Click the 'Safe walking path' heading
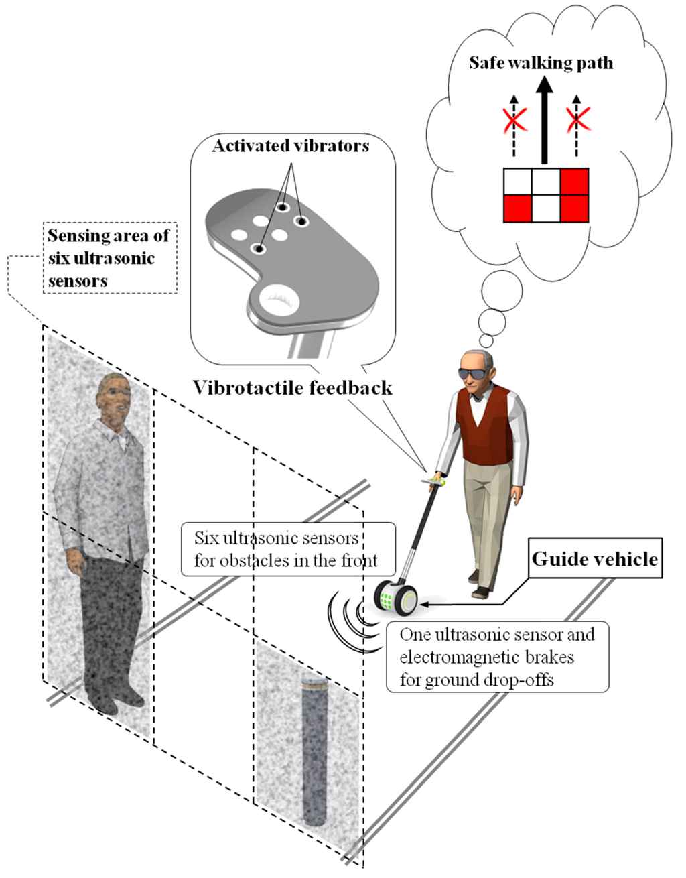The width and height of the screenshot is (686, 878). tap(541, 63)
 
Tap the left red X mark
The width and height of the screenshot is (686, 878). tap(514, 121)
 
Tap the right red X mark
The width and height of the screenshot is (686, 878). tap(577, 121)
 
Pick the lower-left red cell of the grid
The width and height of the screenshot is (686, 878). tap(517, 208)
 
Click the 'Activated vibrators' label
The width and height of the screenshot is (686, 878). tap(291, 146)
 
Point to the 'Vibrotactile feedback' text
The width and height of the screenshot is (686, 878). tap(292, 388)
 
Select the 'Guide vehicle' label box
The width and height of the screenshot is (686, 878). tap(595, 559)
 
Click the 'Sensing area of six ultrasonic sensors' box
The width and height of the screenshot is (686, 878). tap(109, 258)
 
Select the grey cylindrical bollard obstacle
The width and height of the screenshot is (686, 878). tap(313, 751)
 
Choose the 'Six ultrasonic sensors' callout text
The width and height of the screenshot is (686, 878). tap(286, 549)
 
